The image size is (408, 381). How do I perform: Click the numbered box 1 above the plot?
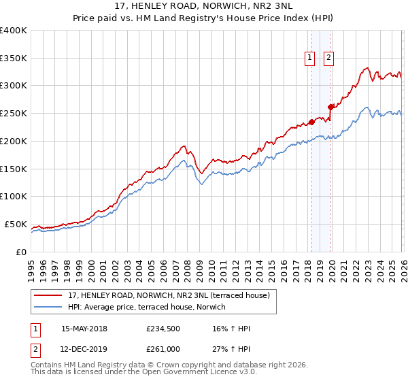[310, 59]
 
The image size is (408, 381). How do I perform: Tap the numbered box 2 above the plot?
[328, 59]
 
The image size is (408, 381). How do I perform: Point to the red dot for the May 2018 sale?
[311, 122]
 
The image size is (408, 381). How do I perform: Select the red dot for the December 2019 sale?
[330, 107]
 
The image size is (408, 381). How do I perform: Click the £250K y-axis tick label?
[14, 114]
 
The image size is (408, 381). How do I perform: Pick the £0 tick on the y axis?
[20, 252]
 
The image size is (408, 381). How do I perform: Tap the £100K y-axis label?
[14, 197]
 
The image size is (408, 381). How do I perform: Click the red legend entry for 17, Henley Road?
[169, 295]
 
